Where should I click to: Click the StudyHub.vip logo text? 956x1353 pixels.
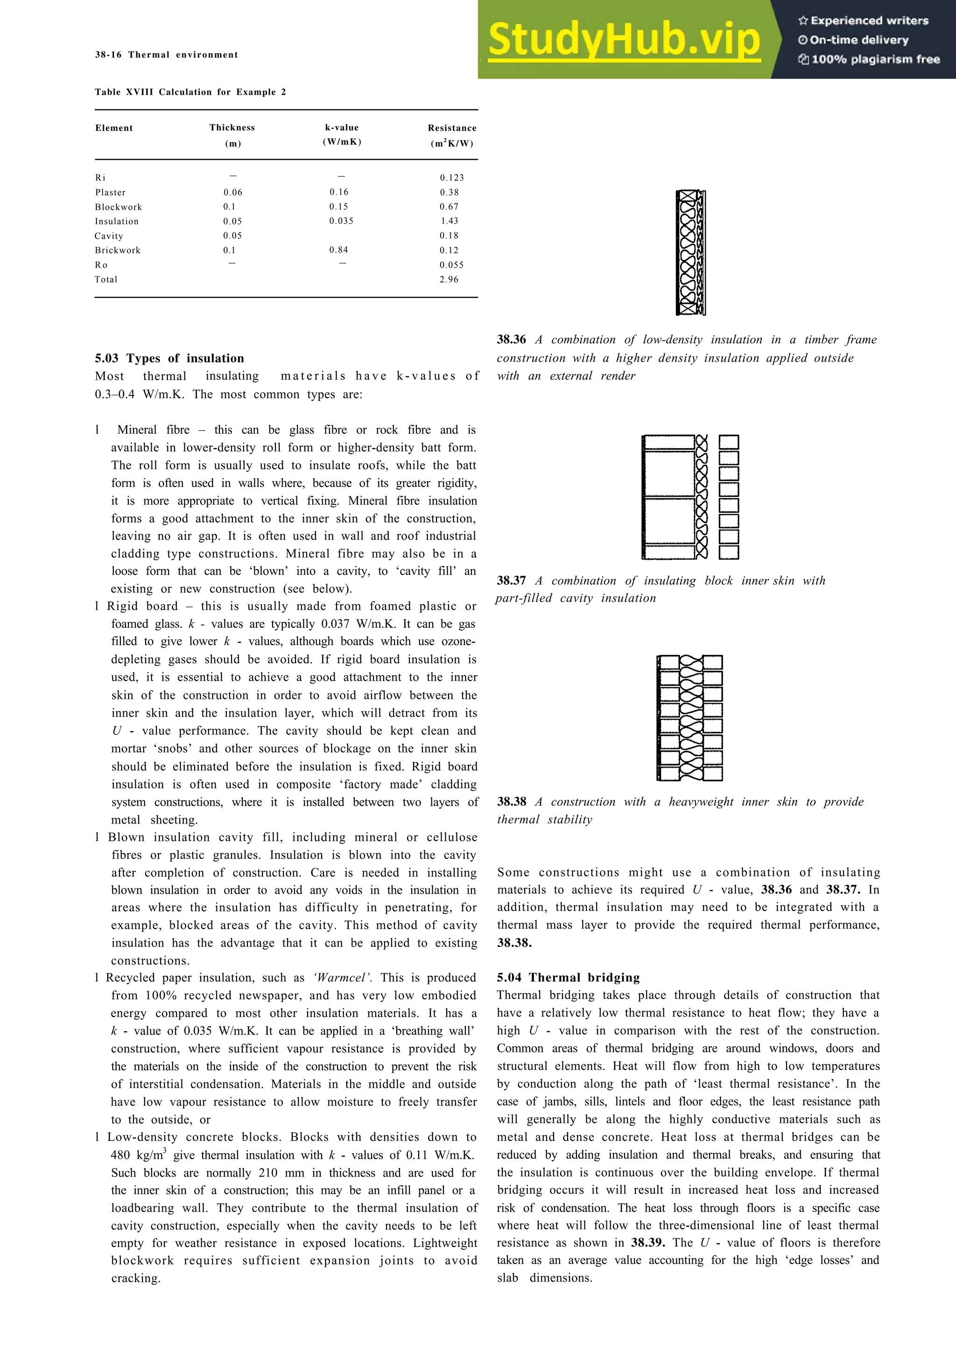click(x=625, y=40)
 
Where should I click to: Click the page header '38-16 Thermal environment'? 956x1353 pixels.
click(x=166, y=55)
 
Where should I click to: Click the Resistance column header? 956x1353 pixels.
click(x=452, y=128)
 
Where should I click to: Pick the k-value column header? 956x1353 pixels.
click(x=342, y=128)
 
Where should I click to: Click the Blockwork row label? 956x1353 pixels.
click(x=119, y=207)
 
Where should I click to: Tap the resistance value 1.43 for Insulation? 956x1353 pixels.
click(x=450, y=221)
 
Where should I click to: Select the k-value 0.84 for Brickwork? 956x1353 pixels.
click(x=339, y=250)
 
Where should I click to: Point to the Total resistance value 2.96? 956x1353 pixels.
click(x=449, y=279)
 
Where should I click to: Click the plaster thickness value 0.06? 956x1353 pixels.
click(x=232, y=192)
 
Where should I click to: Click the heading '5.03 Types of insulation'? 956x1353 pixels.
click(x=169, y=358)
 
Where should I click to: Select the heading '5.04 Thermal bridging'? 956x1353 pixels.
click(x=568, y=978)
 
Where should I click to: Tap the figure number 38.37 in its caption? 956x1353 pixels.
click(x=511, y=580)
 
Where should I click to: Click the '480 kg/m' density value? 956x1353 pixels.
click(x=137, y=1155)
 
